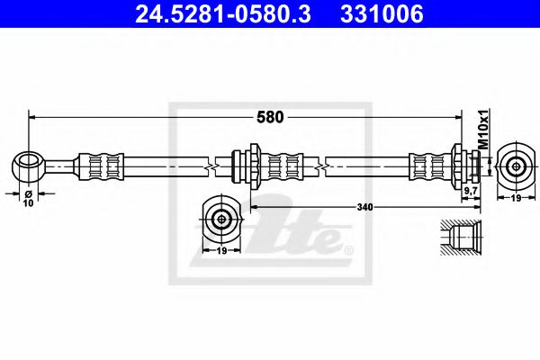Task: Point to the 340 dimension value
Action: click(364, 207)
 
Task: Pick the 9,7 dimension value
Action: click(470, 191)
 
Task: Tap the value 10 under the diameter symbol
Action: click(29, 203)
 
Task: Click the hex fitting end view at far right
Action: click(514, 166)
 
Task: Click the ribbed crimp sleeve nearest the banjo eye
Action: click(99, 166)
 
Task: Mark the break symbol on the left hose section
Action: click(210, 166)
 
